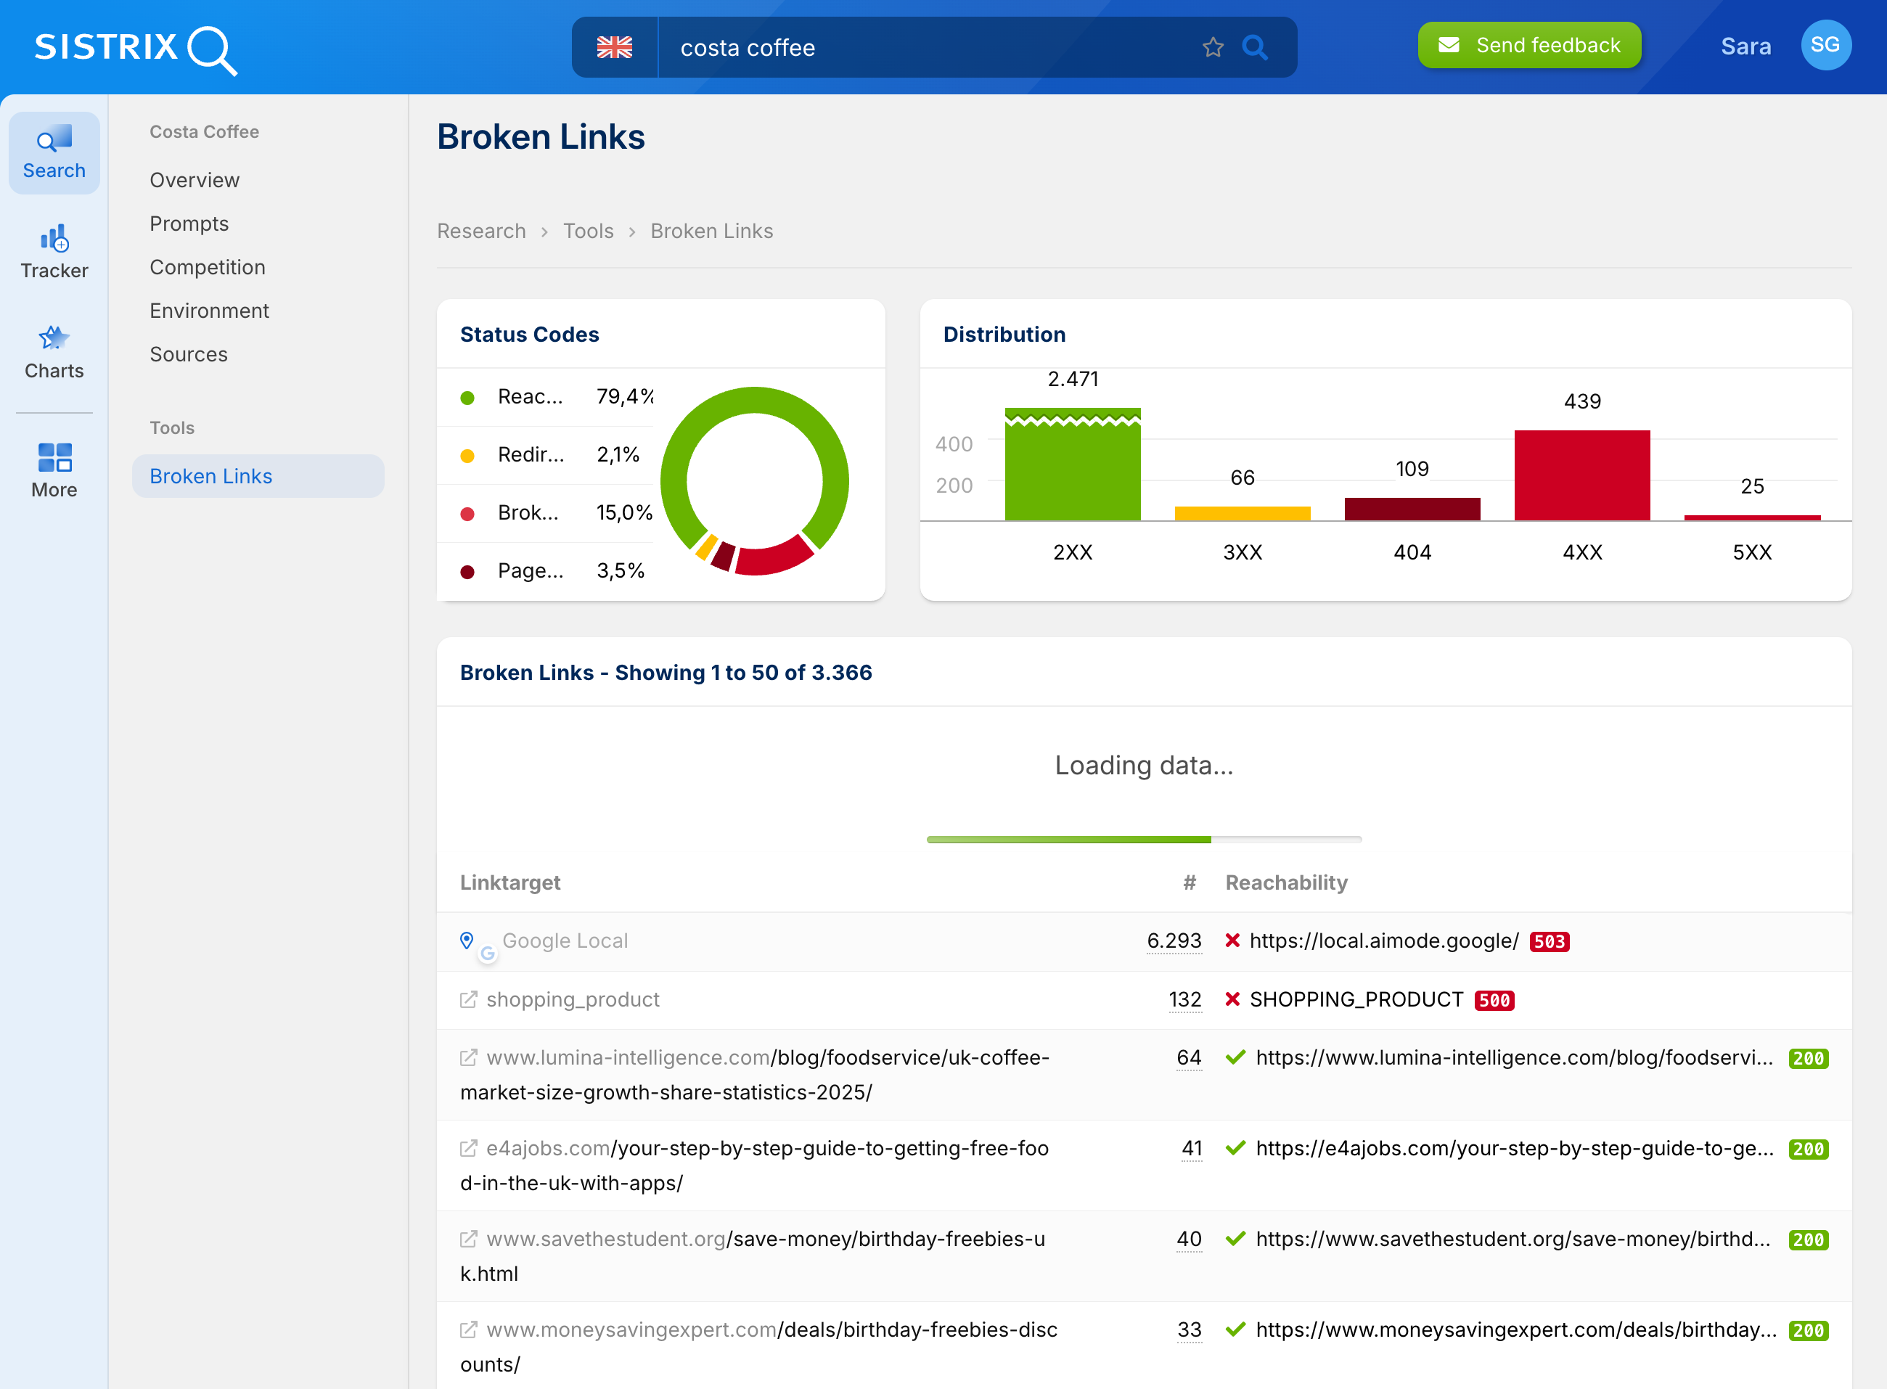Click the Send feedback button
(x=1528, y=46)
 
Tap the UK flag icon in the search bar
(x=614, y=48)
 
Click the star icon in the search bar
(x=1212, y=48)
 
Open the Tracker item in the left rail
(x=54, y=251)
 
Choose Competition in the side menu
(x=207, y=267)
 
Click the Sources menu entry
(x=189, y=355)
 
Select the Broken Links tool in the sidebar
(x=210, y=476)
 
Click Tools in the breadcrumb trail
(x=588, y=231)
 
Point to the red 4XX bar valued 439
(x=1581, y=475)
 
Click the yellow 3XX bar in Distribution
(x=1242, y=513)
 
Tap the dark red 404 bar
(x=1412, y=509)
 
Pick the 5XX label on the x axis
(x=1751, y=552)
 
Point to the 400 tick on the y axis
(x=954, y=444)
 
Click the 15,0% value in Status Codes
(x=624, y=513)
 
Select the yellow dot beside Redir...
(x=467, y=456)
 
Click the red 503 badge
(x=1549, y=942)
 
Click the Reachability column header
(x=1286, y=883)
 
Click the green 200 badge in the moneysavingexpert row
(x=1808, y=1331)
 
